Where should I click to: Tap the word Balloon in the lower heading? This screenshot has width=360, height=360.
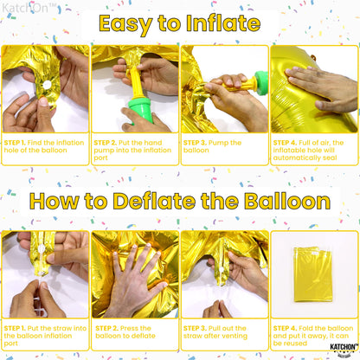click(x=282, y=202)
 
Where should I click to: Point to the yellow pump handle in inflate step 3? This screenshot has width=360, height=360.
click(x=248, y=86)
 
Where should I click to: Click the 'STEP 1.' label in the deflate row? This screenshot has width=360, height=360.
click(x=18, y=328)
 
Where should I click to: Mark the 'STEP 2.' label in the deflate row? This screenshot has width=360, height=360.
click(x=107, y=328)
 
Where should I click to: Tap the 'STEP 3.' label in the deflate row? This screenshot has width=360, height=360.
click(x=197, y=328)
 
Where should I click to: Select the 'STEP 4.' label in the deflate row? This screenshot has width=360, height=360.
click(x=286, y=328)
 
